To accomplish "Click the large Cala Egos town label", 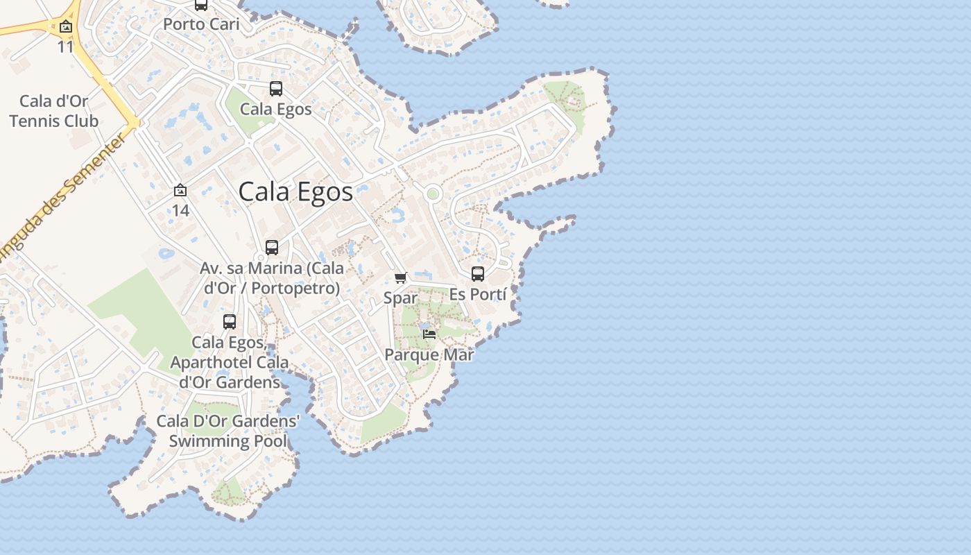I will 295,192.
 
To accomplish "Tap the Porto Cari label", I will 201,24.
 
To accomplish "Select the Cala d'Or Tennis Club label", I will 54,111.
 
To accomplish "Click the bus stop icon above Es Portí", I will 478,274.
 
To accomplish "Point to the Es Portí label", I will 478,294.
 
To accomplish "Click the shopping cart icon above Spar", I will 400,278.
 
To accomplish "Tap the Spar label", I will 401,298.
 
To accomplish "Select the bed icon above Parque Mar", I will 429,334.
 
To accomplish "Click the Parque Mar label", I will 429,355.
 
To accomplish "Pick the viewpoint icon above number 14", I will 180,190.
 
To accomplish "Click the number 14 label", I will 180,210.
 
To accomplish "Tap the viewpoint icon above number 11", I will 66,27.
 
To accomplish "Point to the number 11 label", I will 66,46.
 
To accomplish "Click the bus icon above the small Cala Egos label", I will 276,89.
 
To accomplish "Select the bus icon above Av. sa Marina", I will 272,248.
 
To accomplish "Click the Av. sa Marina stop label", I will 271,277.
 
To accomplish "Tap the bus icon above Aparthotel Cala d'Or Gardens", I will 230,322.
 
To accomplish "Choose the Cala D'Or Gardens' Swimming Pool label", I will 228,431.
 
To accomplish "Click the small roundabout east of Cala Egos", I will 433,193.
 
